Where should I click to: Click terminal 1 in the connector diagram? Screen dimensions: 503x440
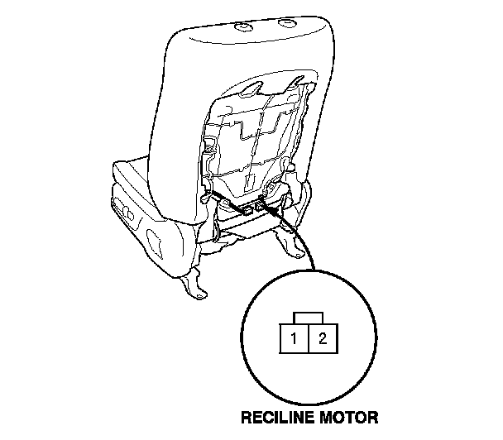[x=294, y=337]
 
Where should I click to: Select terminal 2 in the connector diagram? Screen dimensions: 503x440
[x=322, y=337]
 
